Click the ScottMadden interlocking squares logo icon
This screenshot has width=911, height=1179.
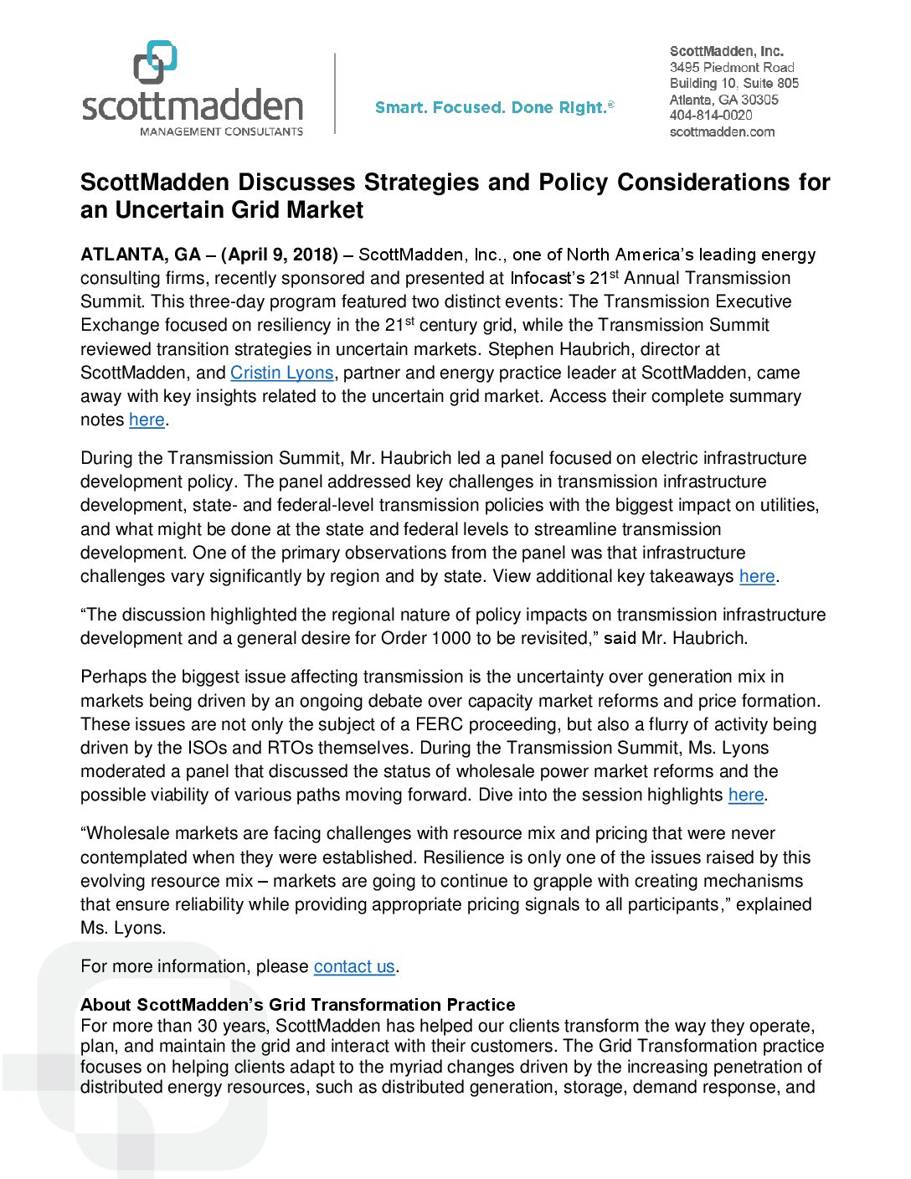click(156, 62)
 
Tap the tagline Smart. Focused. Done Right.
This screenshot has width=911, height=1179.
click(494, 107)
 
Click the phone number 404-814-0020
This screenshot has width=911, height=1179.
click(711, 116)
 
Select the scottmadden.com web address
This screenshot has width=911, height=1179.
click(722, 131)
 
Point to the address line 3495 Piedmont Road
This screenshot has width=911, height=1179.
click(732, 67)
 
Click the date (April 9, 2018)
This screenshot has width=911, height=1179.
click(280, 255)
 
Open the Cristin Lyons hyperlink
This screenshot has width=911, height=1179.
click(282, 373)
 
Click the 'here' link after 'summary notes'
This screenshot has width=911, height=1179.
click(147, 420)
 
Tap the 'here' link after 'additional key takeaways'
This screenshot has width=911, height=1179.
click(757, 576)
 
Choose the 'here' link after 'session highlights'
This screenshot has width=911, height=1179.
click(746, 795)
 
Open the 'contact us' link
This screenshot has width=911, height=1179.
click(354, 966)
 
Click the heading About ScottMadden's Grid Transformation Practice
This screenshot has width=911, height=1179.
click(297, 1005)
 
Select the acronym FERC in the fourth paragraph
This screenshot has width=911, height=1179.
click(440, 724)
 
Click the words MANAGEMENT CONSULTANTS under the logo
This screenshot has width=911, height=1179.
click(221, 131)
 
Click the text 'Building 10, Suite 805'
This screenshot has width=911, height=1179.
click(734, 83)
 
